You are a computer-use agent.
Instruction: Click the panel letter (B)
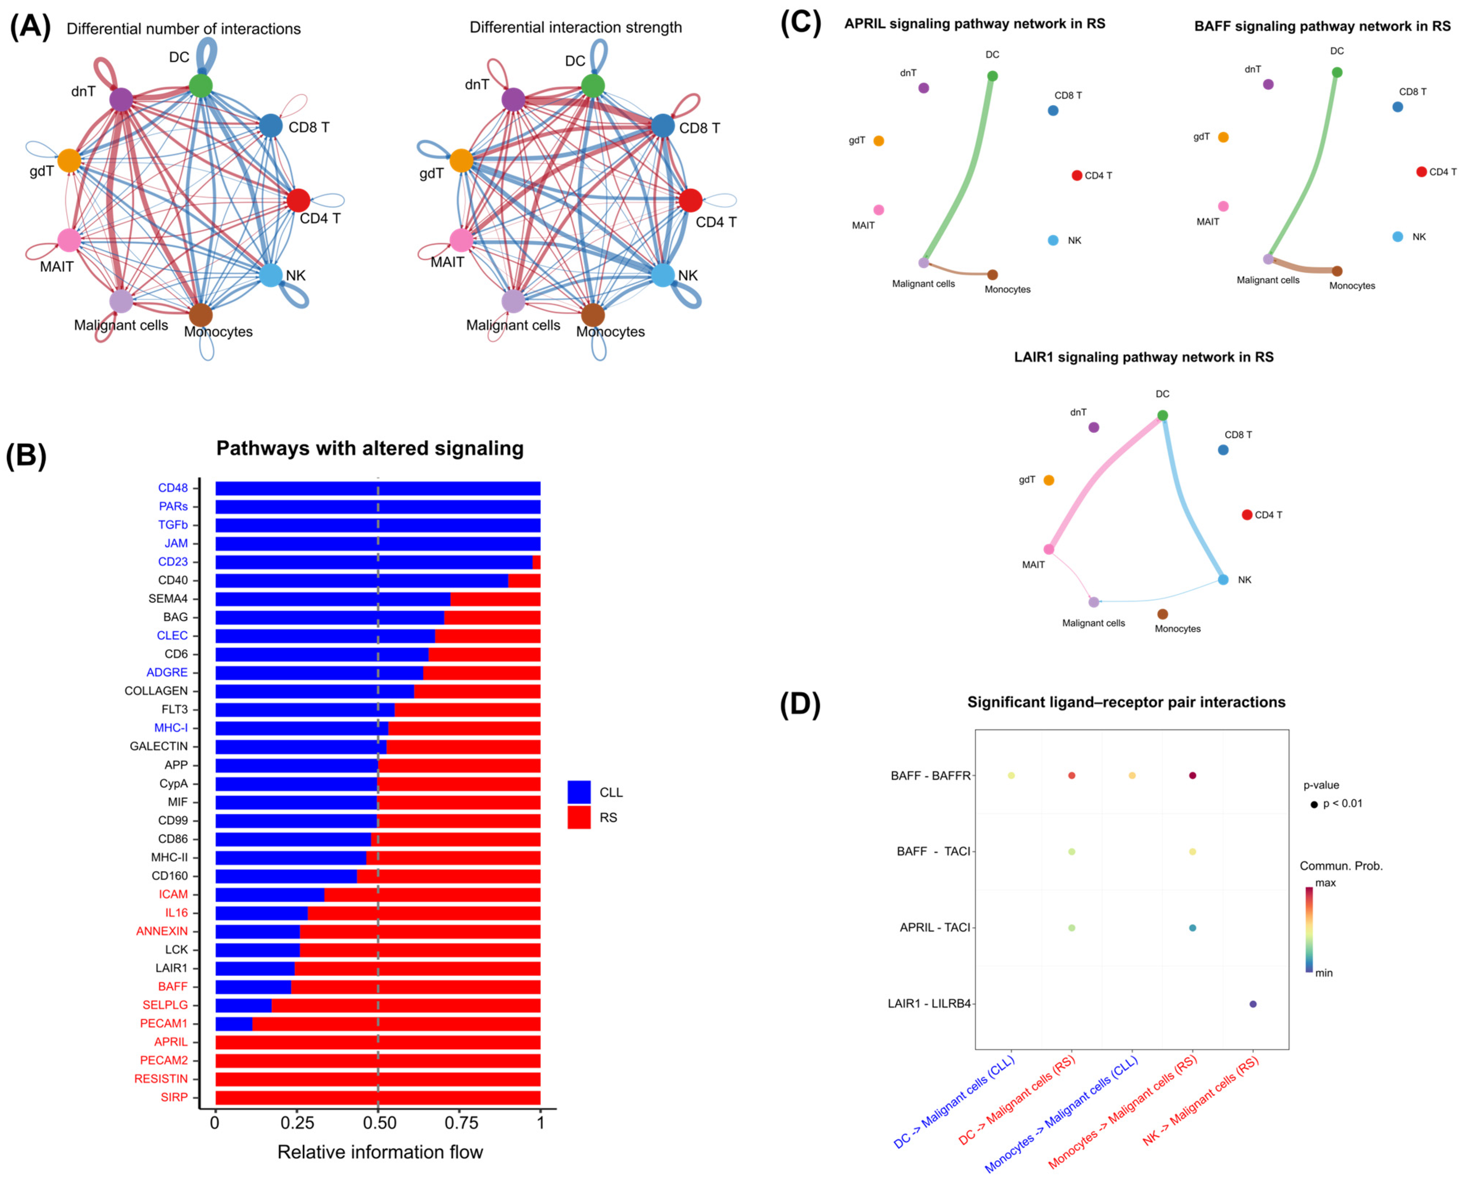tap(26, 456)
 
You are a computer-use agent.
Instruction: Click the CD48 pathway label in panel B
tap(173, 488)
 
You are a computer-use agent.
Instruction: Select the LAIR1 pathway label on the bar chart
tap(171, 968)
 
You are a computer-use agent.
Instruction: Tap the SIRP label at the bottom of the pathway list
tap(174, 1097)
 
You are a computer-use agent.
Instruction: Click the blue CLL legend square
tap(578, 792)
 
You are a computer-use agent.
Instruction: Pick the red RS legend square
tap(578, 817)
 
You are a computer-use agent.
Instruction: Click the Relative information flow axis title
tap(380, 1152)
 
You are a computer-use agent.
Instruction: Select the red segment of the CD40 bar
tap(524, 580)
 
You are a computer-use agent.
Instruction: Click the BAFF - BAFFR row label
tap(930, 775)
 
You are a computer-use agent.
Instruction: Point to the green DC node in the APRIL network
tap(992, 76)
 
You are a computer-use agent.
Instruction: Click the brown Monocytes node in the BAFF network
tap(1337, 271)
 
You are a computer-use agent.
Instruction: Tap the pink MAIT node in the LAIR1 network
tap(1048, 549)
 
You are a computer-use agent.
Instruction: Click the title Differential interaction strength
tap(576, 27)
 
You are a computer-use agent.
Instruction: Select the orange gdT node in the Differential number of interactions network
tap(69, 160)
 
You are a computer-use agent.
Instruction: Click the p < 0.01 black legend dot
tap(1314, 804)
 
